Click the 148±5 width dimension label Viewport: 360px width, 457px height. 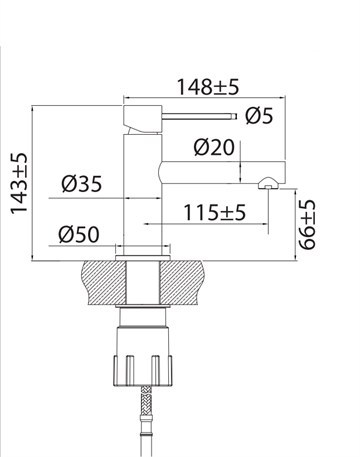point(208,87)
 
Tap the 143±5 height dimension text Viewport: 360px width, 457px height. point(18,183)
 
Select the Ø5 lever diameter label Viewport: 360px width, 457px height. point(259,116)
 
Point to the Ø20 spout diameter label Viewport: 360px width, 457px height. point(214,147)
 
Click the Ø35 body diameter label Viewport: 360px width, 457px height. point(82,184)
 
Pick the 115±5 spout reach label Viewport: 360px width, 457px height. point(215,213)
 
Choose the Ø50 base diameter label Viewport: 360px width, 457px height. point(79,234)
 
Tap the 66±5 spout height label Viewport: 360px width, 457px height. point(307,224)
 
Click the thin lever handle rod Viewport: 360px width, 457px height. point(199,116)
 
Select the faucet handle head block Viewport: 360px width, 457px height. point(143,118)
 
